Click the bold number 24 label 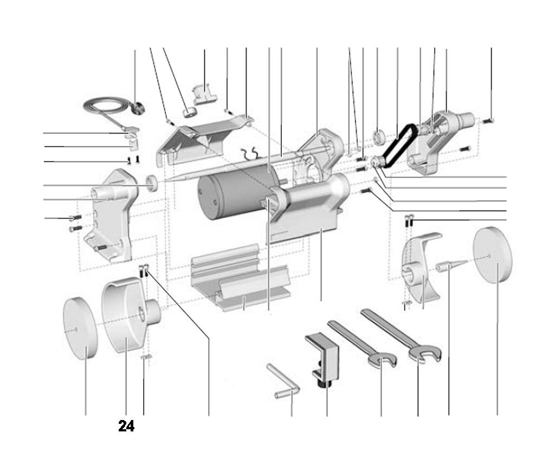pyautogui.click(x=126, y=427)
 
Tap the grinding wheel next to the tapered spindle pyautogui.click(x=493, y=255)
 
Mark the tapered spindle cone pyautogui.click(x=450, y=266)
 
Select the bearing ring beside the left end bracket pyautogui.click(x=152, y=183)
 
